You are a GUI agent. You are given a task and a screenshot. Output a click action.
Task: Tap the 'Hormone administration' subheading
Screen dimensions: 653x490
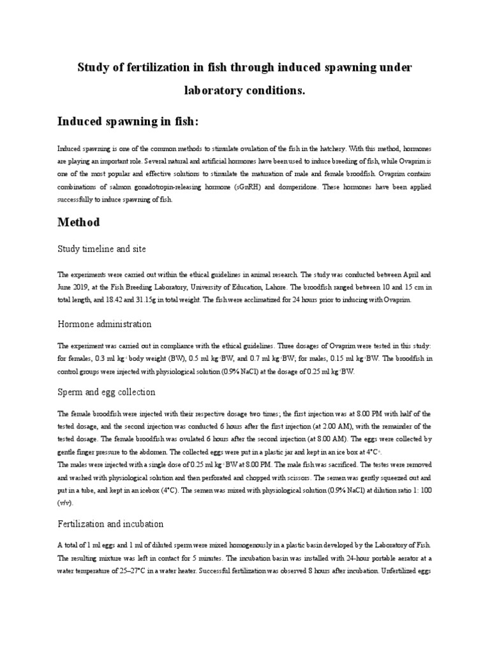pos(104,324)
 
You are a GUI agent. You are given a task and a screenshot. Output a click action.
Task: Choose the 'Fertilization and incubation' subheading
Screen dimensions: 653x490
pos(110,524)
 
